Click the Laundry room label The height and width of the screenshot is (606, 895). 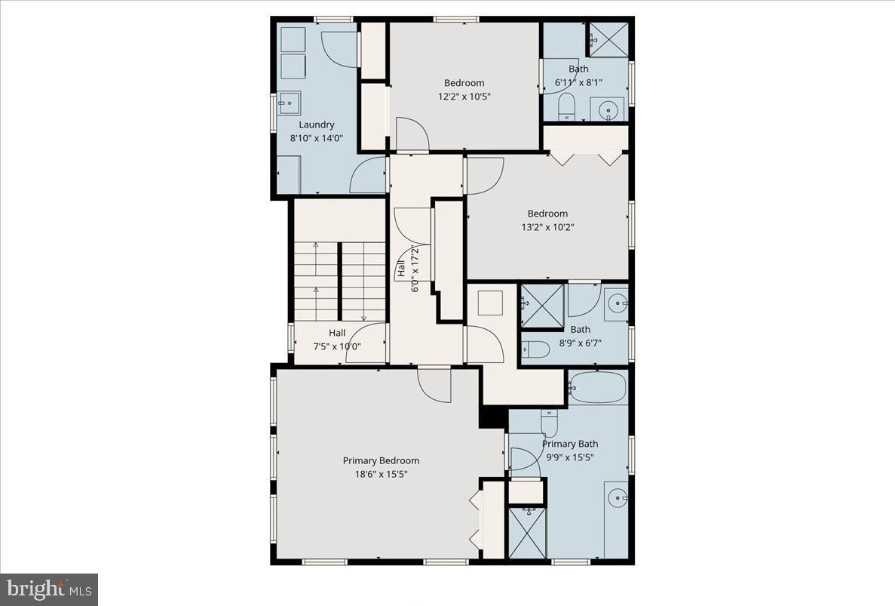tap(316, 125)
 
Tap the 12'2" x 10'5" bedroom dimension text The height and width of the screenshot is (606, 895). tap(464, 97)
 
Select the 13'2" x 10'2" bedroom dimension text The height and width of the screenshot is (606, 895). tap(547, 227)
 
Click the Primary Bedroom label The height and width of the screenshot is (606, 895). tap(381, 460)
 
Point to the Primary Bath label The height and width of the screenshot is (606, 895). tap(569, 444)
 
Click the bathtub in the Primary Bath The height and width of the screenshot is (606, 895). tap(597, 388)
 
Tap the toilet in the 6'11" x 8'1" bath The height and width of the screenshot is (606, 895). tap(567, 109)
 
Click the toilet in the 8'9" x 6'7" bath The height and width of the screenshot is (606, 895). tap(536, 349)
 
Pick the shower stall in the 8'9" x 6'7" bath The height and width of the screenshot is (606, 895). tap(542, 306)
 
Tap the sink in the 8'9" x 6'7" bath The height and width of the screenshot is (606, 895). tap(617, 304)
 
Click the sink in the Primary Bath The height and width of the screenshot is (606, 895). tap(617, 497)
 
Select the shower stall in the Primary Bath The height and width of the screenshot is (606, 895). tap(526, 533)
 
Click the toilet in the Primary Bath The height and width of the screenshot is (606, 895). tap(549, 424)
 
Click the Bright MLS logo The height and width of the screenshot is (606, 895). tap(49, 589)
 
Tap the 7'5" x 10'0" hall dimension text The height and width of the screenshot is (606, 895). tap(336, 347)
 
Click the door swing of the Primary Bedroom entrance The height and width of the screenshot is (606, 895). tap(434, 384)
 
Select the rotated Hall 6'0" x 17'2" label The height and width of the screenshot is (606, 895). tap(407, 268)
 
